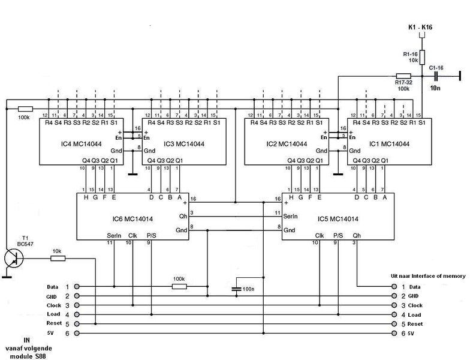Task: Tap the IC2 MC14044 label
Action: (x=287, y=145)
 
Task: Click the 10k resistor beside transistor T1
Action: (x=58, y=258)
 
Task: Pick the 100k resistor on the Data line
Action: (x=179, y=287)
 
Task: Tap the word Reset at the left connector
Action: (x=55, y=324)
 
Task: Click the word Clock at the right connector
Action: (x=416, y=305)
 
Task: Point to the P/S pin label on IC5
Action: (x=338, y=236)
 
